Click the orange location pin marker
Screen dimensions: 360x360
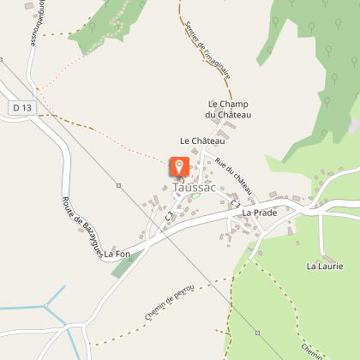(x=179, y=166)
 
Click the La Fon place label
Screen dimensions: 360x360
(x=117, y=254)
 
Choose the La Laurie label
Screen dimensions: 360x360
(x=325, y=267)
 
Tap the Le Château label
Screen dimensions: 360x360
(x=202, y=140)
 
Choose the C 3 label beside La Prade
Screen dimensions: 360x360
(x=232, y=205)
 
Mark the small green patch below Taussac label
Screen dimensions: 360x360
(x=194, y=196)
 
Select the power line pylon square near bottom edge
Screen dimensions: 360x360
(x=256, y=332)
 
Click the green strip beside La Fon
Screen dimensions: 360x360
(x=125, y=264)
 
